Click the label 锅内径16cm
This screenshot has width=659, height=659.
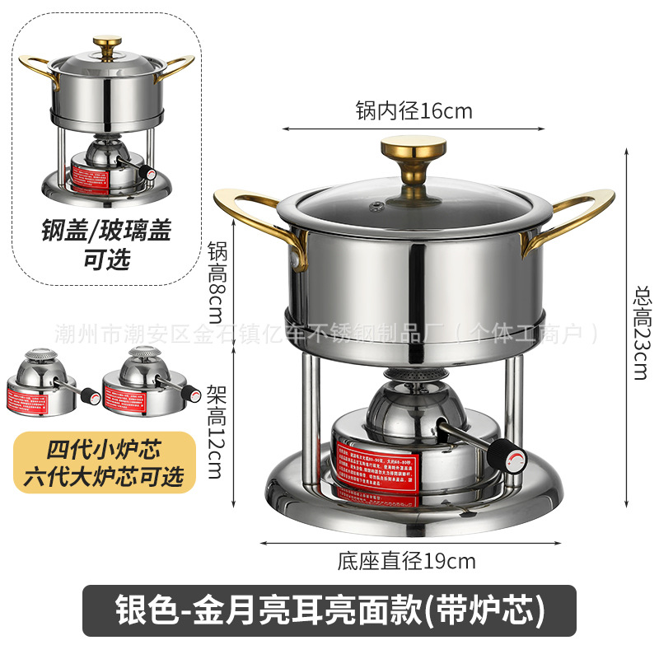point(414,110)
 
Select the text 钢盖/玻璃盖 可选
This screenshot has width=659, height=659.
point(106,245)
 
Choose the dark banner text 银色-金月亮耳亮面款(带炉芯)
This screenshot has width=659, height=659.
point(329,611)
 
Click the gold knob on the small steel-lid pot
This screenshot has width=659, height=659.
point(107,42)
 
